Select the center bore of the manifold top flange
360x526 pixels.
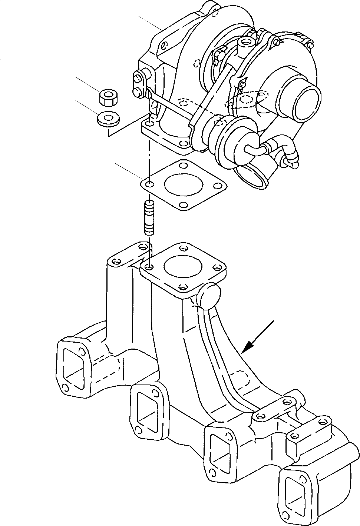tap(183, 267)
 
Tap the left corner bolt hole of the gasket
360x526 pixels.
tap(149, 184)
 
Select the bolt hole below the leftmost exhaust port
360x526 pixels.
tap(65, 388)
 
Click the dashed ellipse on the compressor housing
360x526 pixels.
tap(247, 98)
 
